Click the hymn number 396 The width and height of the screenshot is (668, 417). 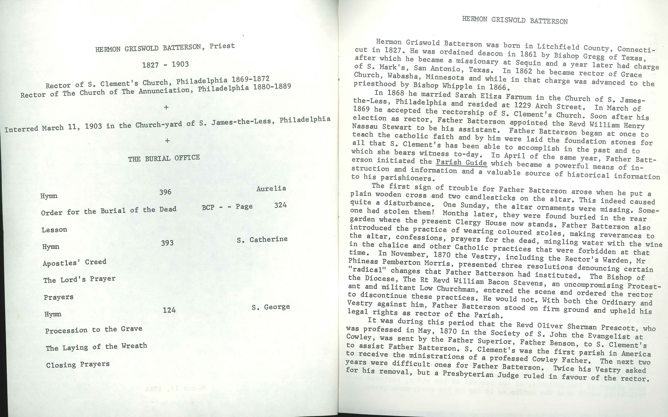(x=165, y=192)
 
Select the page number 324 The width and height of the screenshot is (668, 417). (x=280, y=205)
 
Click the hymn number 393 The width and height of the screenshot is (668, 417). (x=167, y=243)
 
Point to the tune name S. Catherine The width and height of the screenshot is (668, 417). (x=262, y=239)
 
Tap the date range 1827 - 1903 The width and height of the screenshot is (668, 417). (x=165, y=65)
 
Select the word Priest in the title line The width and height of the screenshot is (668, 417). (x=222, y=46)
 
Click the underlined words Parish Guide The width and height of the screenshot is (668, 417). (x=461, y=162)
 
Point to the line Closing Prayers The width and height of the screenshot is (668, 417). (x=78, y=365)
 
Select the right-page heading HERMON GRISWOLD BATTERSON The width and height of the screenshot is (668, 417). (x=515, y=20)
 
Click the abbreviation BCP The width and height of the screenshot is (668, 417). (x=208, y=207)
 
